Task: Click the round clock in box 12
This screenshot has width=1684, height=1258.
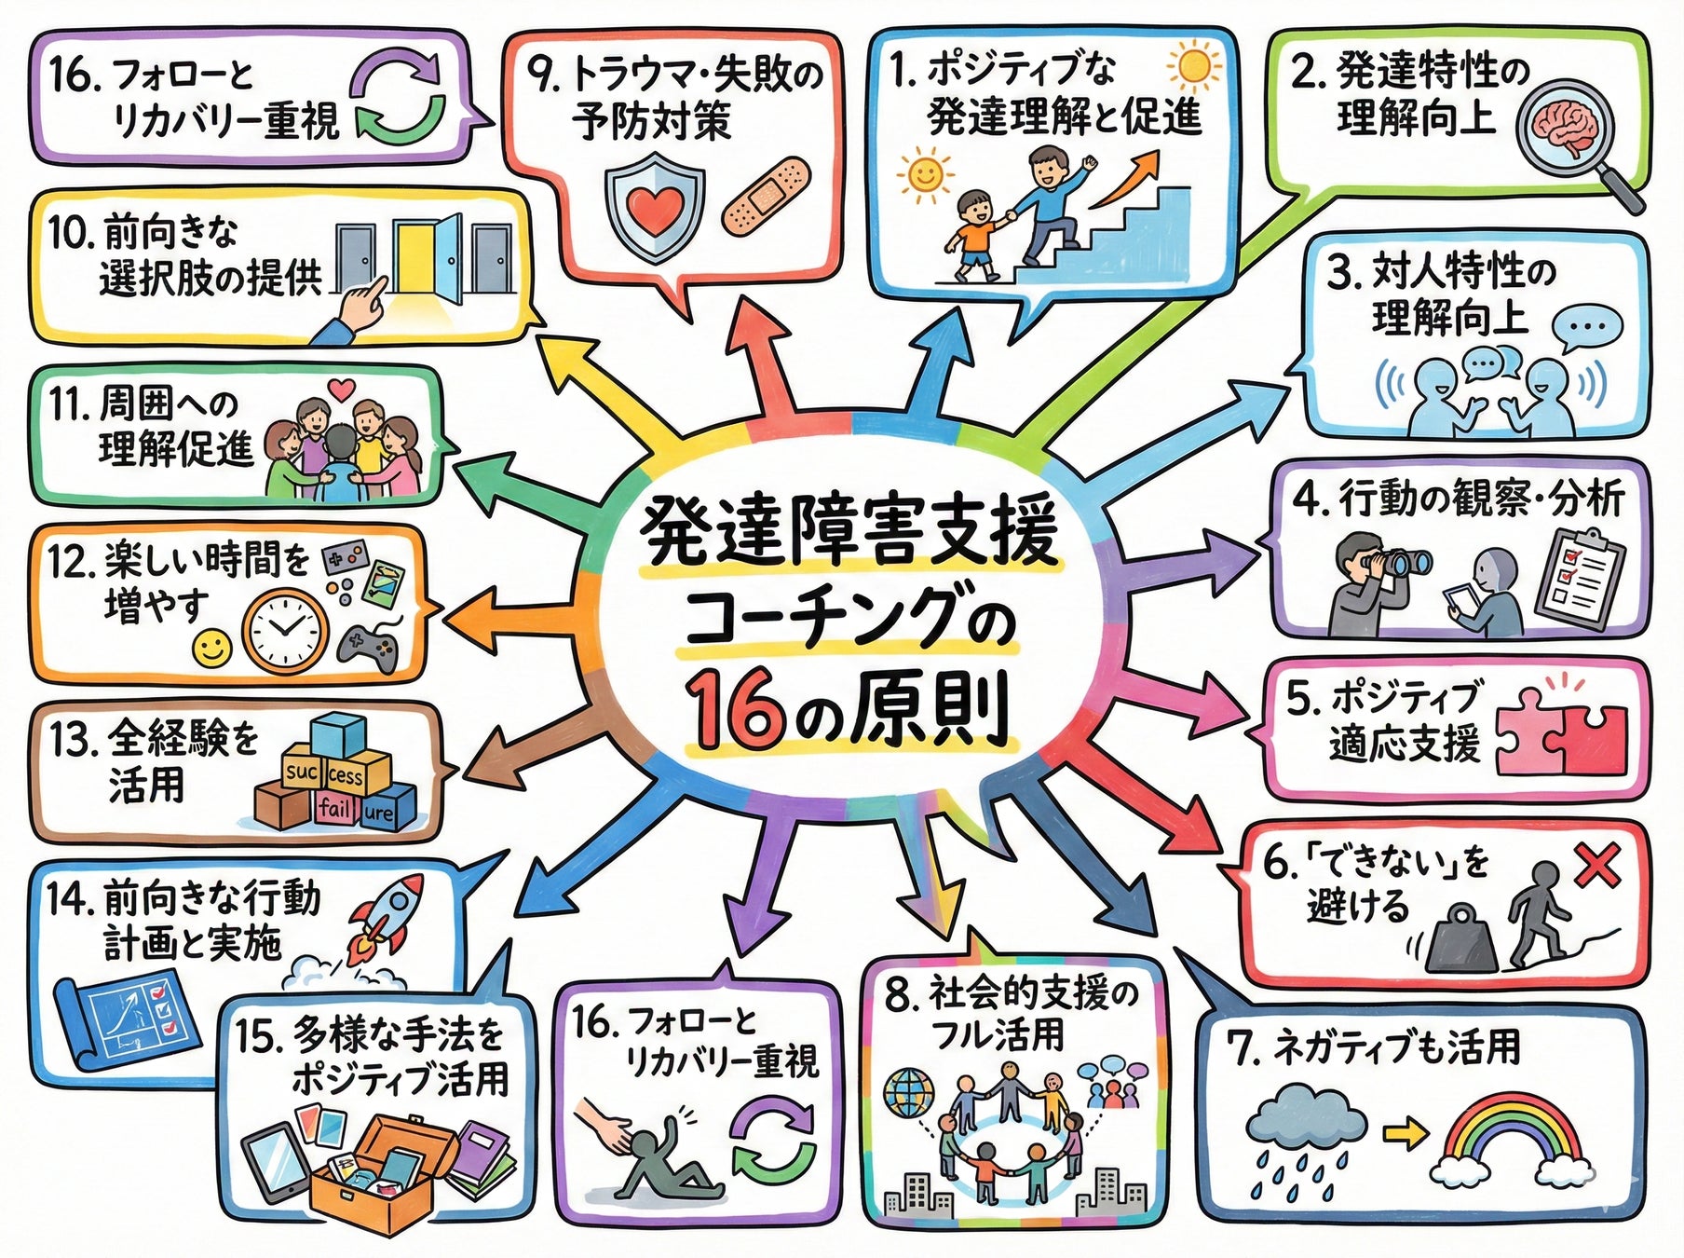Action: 285,628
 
